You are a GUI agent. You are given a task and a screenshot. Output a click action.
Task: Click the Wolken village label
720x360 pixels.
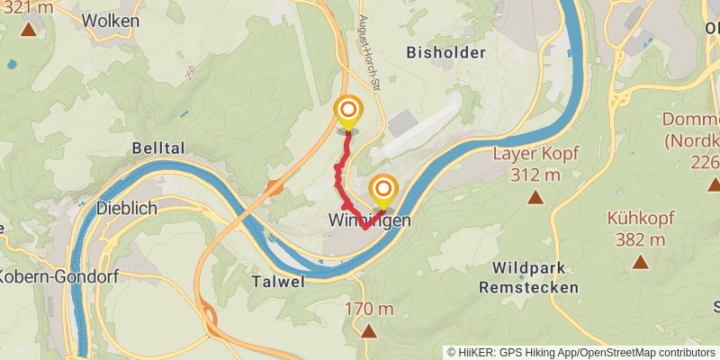coord(111,20)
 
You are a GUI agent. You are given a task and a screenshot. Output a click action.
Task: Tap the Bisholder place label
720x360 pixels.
coord(446,52)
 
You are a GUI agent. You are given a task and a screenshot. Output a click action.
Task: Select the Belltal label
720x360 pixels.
coord(157,148)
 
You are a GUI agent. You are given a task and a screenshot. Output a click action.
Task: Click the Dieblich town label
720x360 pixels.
coord(127,208)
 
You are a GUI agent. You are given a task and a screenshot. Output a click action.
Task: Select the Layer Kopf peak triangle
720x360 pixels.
coord(535,197)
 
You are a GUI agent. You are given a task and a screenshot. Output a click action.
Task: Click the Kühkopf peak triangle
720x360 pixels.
coord(641,262)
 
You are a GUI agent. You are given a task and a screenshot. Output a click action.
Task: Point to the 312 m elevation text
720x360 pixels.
coord(535,175)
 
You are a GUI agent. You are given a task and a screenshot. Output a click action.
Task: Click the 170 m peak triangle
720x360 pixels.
coord(369,331)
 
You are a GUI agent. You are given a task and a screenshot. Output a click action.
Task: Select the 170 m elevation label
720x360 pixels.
coord(369,309)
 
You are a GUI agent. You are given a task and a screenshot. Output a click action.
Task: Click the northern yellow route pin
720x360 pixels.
coord(347,112)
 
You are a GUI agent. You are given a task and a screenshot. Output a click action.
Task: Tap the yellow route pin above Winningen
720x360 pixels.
coord(384,190)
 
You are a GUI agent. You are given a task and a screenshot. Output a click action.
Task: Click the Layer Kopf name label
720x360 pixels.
coord(535,153)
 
